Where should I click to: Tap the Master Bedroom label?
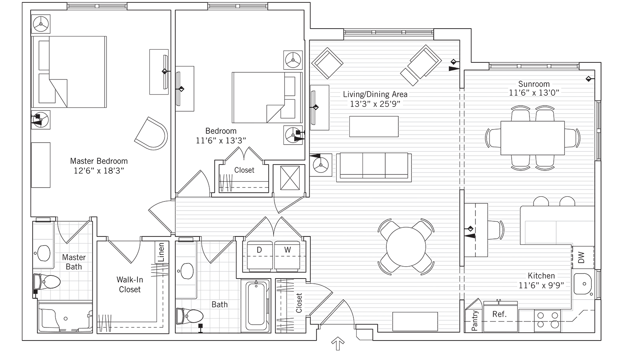click(99, 161)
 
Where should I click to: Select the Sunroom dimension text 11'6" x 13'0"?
click(534, 93)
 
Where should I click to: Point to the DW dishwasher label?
click(582, 257)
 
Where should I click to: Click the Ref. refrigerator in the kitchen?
click(500, 316)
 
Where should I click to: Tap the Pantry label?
click(475, 320)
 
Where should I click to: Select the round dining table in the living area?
click(406, 246)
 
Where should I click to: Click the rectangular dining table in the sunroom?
click(532, 138)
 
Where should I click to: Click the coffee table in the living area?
click(374, 126)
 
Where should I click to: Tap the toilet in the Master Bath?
click(48, 283)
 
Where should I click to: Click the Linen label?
click(161, 252)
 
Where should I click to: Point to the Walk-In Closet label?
click(130, 285)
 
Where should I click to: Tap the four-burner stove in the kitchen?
click(547, 320)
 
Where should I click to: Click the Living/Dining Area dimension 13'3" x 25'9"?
click(375, 104)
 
